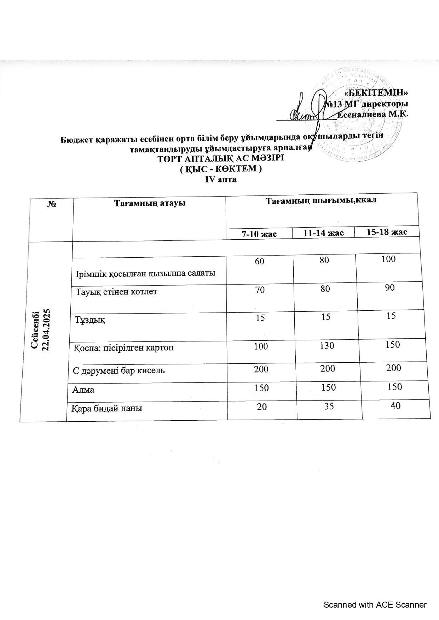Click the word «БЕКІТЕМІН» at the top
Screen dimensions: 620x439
tap(376, 93)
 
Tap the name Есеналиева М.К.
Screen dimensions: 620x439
tap(373, 114)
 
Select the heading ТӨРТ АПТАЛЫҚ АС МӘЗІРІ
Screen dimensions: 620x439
tap(221, 158)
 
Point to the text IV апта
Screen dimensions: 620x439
tap(221, 180)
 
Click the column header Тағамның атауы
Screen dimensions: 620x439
tap(150, 203)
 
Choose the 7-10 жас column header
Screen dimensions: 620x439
tap(259, 234)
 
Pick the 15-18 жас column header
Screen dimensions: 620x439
tap(387, 232)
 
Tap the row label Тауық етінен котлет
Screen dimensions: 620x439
tap(117, 292)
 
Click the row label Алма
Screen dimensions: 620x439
tap(83, 390)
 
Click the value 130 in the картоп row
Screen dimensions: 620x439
tap(327, 345)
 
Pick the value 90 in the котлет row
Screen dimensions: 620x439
tap(389, 288)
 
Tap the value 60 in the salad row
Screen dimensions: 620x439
tap(260, 262)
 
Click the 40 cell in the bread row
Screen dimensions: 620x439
tap(395, 405)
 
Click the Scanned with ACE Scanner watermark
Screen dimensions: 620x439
tap(375, 605)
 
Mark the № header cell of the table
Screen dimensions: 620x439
tap(52, 204)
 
